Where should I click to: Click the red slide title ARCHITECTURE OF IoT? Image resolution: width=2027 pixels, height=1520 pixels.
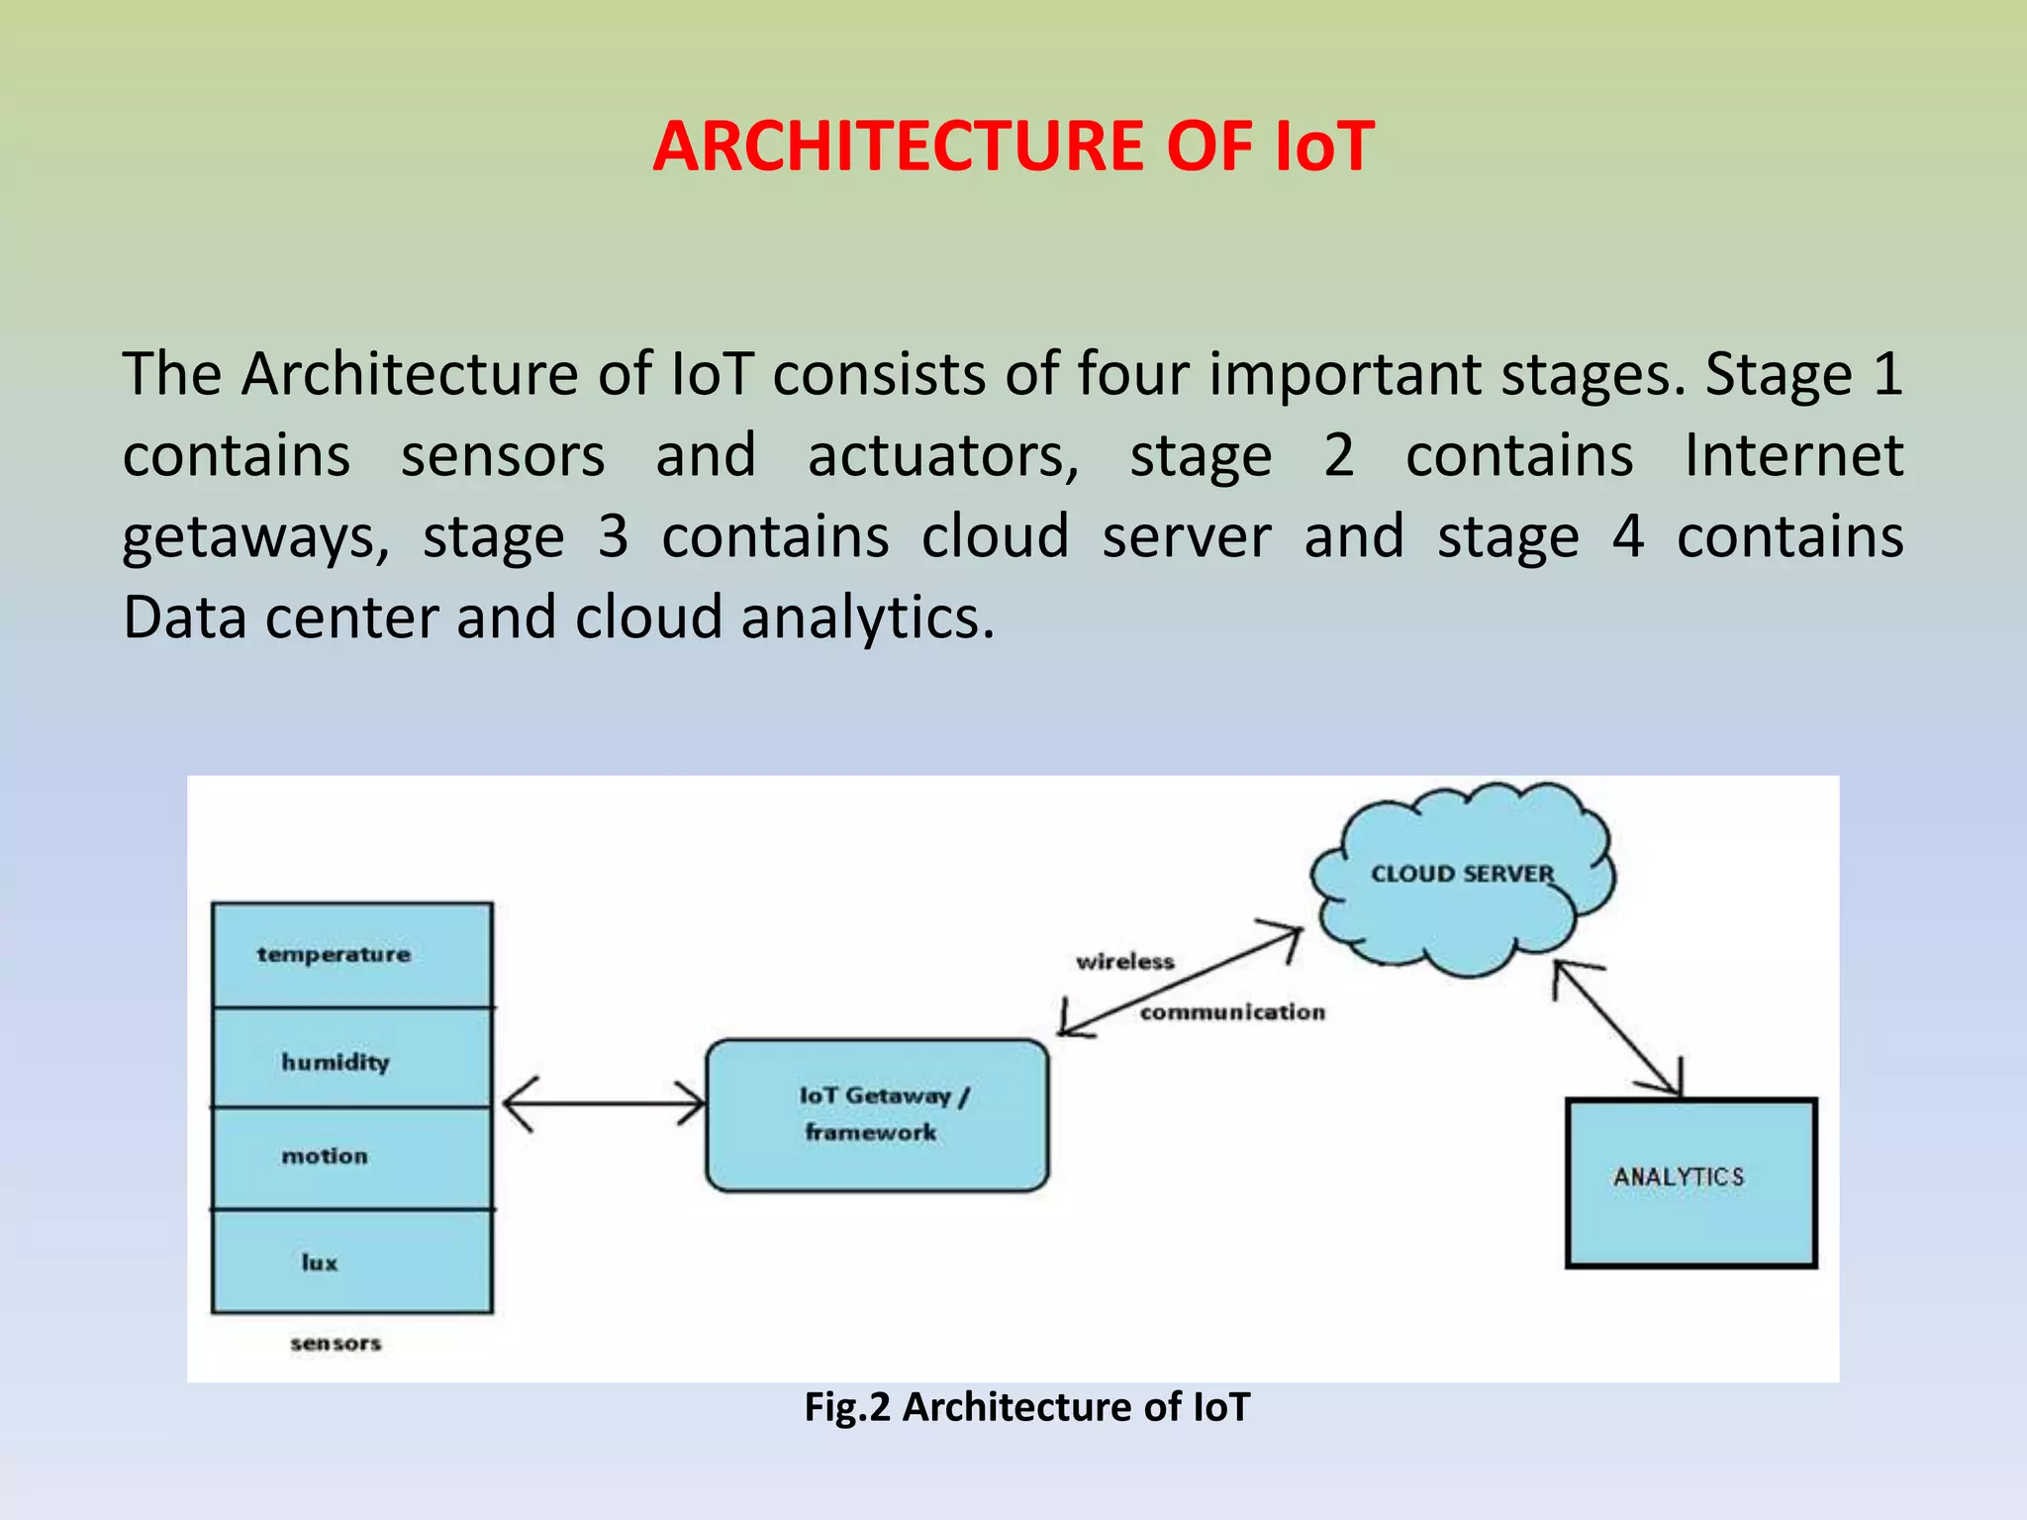1013,146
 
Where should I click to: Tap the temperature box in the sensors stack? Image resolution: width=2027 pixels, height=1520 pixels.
351,955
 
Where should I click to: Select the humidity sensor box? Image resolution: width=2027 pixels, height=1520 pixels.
351,1059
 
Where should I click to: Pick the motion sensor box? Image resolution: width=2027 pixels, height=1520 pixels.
351,1157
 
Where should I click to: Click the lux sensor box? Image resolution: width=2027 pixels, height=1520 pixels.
351,1262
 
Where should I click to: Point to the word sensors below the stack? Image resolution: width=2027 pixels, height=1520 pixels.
336,1343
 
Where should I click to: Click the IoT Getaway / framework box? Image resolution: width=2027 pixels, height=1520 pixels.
877,1115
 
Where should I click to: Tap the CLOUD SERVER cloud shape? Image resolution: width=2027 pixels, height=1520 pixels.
1462,876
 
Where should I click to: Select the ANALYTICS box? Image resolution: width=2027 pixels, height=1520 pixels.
1690,1182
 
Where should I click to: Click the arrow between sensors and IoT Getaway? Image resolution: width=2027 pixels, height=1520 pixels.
604,1103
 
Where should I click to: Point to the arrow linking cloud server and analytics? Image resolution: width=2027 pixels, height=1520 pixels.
1617,1029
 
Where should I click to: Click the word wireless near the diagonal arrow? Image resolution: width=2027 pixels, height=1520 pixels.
1124,962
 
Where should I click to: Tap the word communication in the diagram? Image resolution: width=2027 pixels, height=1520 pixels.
1232,1012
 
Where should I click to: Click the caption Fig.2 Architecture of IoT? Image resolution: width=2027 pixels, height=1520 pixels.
1026,1406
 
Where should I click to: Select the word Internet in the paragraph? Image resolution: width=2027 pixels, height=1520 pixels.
1793,455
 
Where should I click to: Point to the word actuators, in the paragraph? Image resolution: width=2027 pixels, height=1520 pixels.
943,455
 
